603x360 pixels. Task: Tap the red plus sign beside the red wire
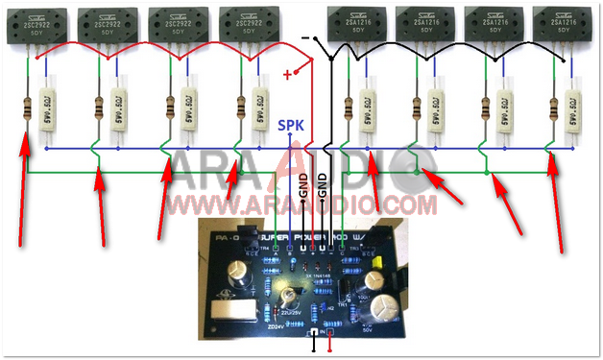point(286,75)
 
